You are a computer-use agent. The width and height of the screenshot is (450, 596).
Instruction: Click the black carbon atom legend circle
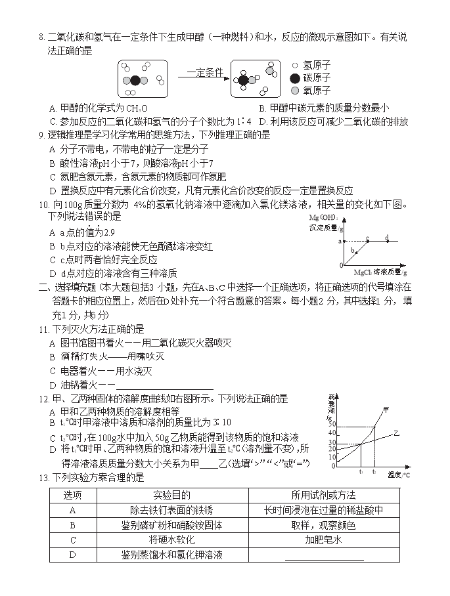(x=295, y=78)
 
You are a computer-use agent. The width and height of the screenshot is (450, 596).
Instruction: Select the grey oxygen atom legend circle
(x=295, y=91)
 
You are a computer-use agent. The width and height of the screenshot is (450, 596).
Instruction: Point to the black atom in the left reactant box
(x=135, y=81)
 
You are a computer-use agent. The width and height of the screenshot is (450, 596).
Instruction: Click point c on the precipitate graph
(x=367, y=240)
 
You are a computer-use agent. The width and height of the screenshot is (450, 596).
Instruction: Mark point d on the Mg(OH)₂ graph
(x=387, y=240)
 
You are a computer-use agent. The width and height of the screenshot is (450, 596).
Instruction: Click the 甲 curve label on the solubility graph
(x=386, y=410)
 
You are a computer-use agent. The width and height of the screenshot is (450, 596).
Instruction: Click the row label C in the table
(x=73, y=540)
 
